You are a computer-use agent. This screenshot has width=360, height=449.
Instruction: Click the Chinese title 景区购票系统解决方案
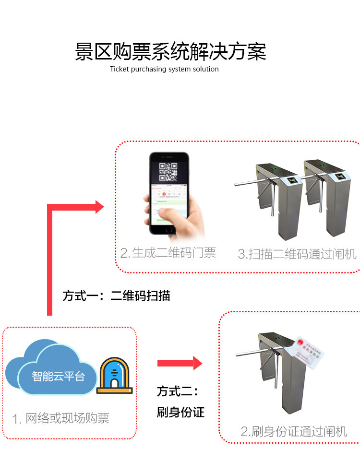pyautogui.click(x=170, y=52)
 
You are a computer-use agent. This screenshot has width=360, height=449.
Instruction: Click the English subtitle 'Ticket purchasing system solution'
pyautogui.click(x=164, y=69)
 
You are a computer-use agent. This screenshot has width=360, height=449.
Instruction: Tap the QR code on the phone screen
pyautogui.click(x=168, y=171)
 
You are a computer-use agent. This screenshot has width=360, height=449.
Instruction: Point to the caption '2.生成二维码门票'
pyautogui.click(x=168, y=253)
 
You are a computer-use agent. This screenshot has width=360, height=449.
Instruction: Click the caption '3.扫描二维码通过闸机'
pyautogui.click(x=297, y=254)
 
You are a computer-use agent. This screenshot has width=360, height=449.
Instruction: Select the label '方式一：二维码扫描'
pyautogui.click(x=116, y=295)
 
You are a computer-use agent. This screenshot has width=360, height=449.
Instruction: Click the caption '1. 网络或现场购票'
pyautogui.click(x=61, y=418)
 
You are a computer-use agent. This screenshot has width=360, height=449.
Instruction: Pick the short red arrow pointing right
pyautogui.click(x=180, y=363)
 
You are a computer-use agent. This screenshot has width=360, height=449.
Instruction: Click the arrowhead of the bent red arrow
pyautogui.click(x=99, y=207)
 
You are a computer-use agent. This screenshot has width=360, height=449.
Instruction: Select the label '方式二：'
pyautogui.click(x=177, y=391)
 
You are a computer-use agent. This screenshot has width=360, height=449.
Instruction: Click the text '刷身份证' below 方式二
pyautogui.click(x=180, y=412)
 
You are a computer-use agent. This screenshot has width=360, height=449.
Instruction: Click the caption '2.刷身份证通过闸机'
pyautogui.click(x=294, y=431)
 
